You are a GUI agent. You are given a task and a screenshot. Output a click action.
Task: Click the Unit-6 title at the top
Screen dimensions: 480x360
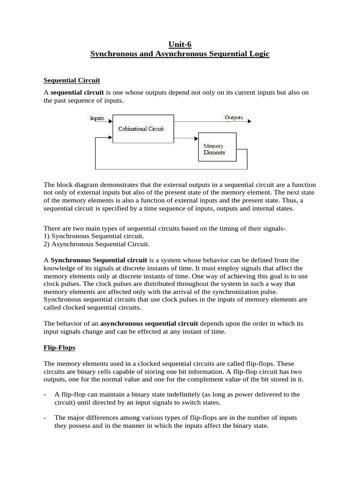(x=180, y=45)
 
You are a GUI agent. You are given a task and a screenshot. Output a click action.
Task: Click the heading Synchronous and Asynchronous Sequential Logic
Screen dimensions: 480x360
(x=180, y=54)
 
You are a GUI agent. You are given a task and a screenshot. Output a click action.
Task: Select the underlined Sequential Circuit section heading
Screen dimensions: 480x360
(x=72, y=80)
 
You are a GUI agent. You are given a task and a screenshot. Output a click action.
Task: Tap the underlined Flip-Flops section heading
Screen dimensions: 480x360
(x=59, y=348)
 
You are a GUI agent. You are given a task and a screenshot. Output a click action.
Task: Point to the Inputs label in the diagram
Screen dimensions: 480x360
(x=97, y=119)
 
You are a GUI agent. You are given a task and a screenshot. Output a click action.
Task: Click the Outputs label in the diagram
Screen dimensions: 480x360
(x=234, y=117)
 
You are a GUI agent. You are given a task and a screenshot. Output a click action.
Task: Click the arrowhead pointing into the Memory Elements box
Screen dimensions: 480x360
(x=195, y=138)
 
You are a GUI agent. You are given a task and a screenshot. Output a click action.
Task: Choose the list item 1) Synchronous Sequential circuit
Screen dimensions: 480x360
(x=94, y=236)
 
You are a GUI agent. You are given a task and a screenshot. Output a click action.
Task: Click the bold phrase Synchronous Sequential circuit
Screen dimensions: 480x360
(x=99, y=260)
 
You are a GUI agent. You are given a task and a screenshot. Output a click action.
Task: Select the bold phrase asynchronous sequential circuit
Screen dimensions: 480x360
(x=149, y=323)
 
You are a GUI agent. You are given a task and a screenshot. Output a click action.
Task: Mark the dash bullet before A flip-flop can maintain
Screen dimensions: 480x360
(x=45, y=395)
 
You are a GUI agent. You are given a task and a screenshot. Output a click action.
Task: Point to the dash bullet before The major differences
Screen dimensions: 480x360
(x=45, y=418)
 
